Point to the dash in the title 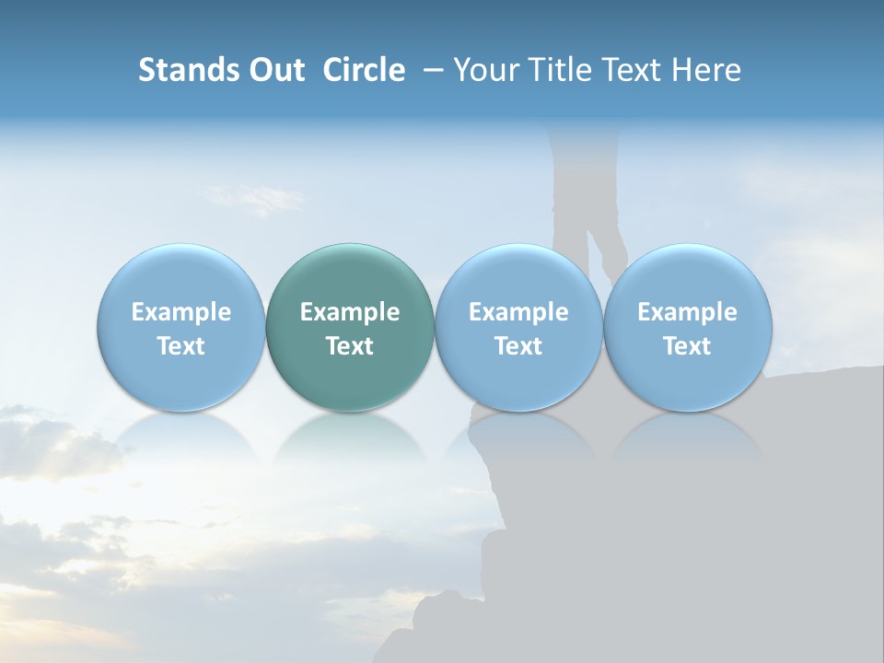(x=430, y=70)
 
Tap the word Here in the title (x=706, y=70)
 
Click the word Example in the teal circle (x=350, y=312)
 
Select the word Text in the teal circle (x=350, y=346)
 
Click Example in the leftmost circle (x=180, y=312)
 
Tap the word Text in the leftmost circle (x=180, y=346)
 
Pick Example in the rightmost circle (x=687, y=312)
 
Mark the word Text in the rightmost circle (x=687, y=346)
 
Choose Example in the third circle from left (x=518, y=312)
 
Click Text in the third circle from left (x=518, y=346)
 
